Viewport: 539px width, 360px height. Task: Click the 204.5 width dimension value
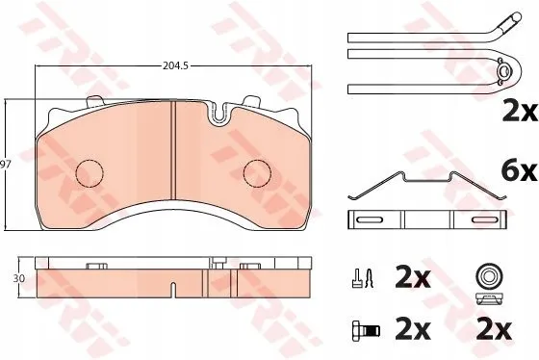tap(175, 65)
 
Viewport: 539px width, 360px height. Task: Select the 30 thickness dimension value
tap(19, 278)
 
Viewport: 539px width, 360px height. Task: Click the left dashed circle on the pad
tap(90, 173)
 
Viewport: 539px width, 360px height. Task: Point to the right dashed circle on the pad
tap(257, 173)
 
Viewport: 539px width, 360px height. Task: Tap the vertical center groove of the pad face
tap(173, 150)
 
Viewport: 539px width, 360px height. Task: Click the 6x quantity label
tap(519, 171)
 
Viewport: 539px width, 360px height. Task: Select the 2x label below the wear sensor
tap(520, 111)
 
